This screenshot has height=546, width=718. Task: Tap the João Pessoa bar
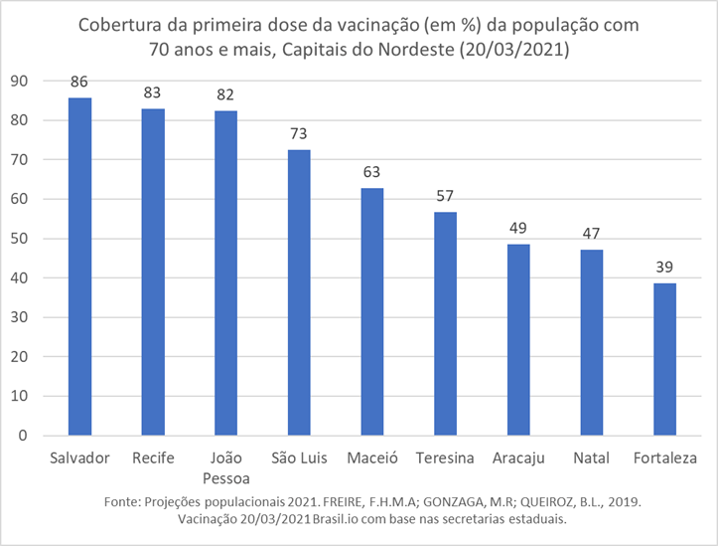[226, 273]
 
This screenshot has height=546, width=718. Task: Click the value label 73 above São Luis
[300, 133]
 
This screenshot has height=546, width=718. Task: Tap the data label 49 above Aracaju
[519, 228]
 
